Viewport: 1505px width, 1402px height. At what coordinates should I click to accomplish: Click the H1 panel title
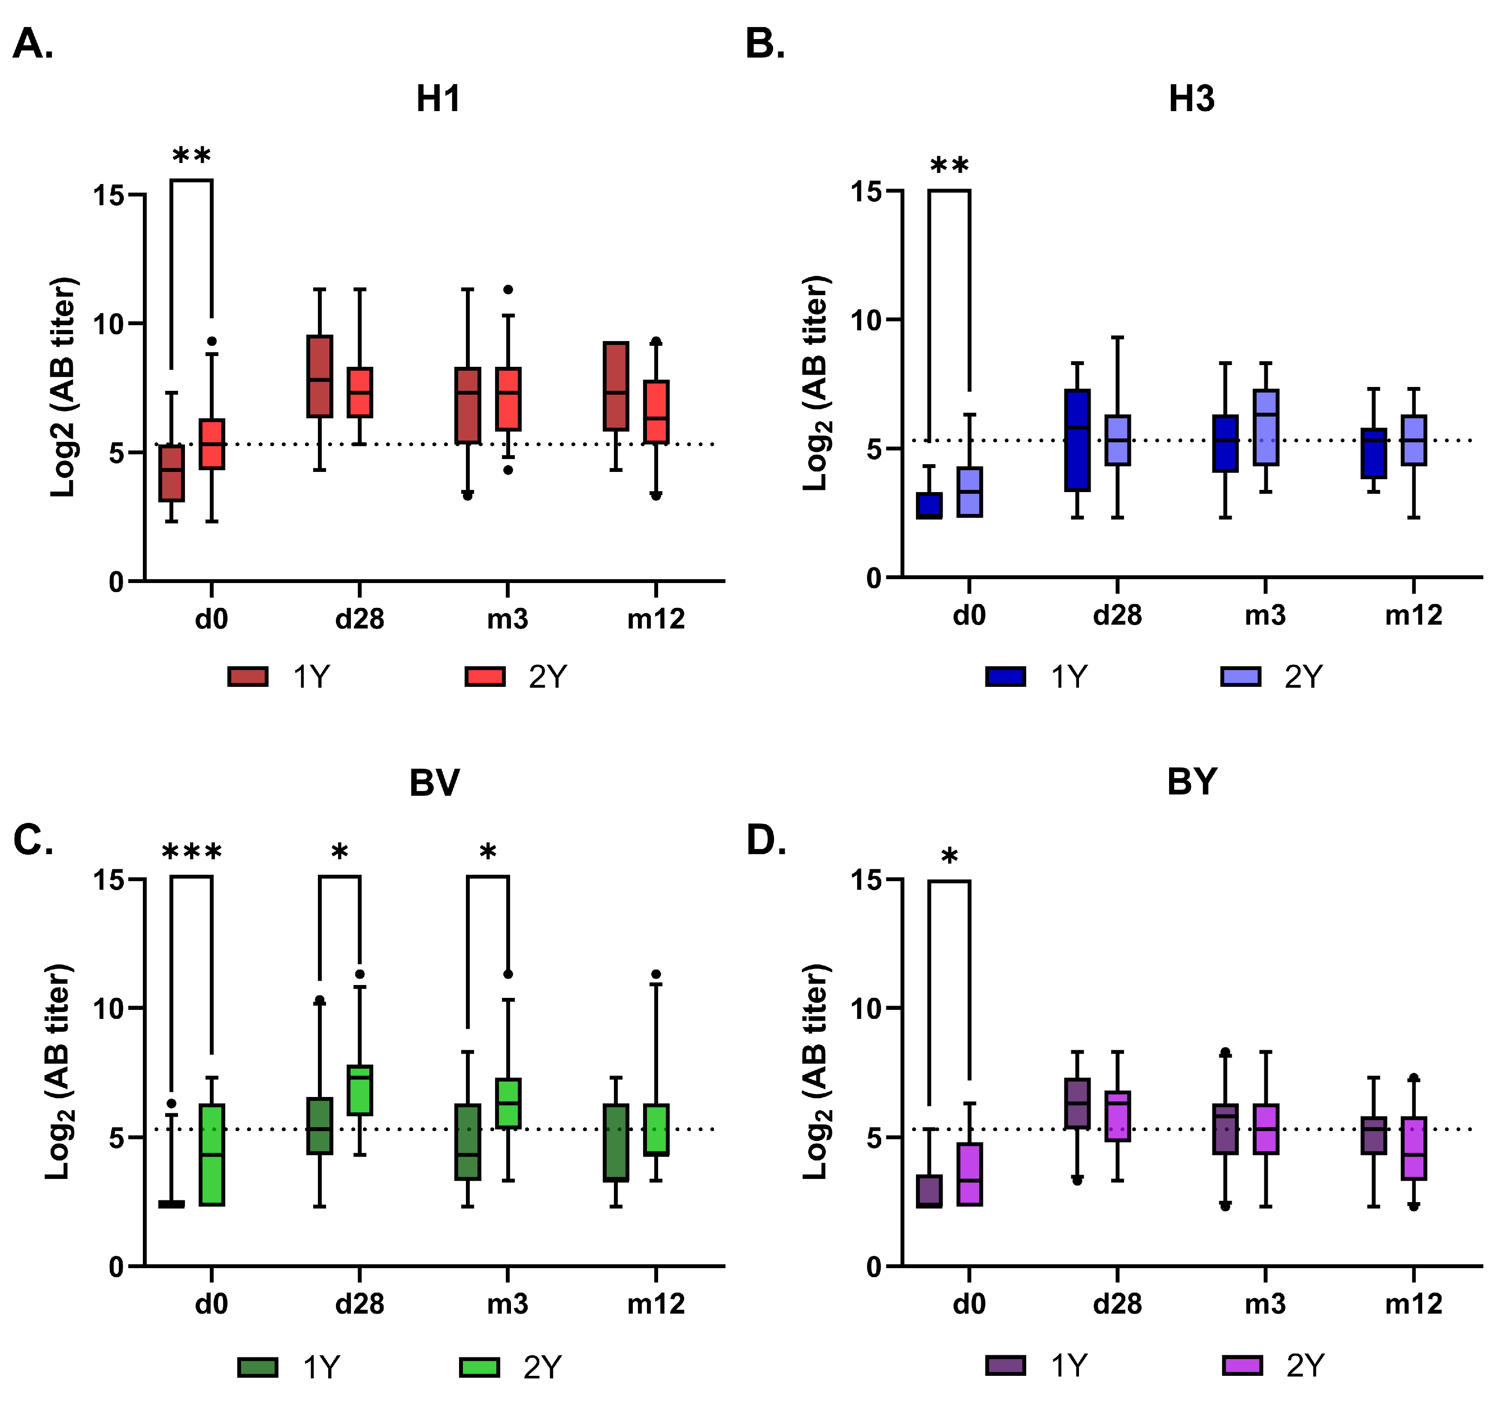point(438,99)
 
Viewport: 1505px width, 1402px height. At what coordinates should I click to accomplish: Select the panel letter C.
point(33,840)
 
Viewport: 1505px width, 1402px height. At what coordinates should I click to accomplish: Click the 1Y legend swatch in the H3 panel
point(1005,676)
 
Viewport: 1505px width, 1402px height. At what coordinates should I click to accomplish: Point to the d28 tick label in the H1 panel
point(360,619)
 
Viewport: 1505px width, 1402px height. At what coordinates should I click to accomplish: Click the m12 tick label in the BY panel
point(1413,1304)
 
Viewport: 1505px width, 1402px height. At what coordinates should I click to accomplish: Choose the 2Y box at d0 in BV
point(212,1154)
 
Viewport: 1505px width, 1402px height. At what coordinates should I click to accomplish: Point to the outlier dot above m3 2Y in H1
point(508,289)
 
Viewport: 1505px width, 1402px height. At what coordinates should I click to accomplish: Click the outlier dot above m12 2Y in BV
point(656,974)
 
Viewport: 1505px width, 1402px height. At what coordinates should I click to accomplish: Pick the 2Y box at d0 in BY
point(970,1174)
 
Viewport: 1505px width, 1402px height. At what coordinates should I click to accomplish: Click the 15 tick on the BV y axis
point(108,879)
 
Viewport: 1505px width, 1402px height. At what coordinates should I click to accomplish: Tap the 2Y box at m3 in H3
point(1265,428)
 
